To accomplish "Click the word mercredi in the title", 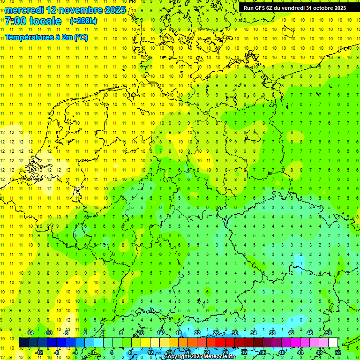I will tap(25, 10).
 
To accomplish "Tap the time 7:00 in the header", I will tap(17, 21).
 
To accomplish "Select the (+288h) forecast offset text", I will tap(83, 21).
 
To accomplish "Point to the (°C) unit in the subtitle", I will tap(81, 37).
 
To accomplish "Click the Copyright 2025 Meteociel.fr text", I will tap(199, 357).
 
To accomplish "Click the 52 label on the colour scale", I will tap(337, 352).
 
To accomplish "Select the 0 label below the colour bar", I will tap(92, 352).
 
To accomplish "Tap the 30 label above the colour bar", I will tap(234, 333).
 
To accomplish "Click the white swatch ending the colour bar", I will tap(333, 342).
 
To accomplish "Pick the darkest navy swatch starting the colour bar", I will tap(23, 342).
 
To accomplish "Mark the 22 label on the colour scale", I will tap(197, 333).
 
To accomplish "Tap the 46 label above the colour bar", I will tap(309, 333).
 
